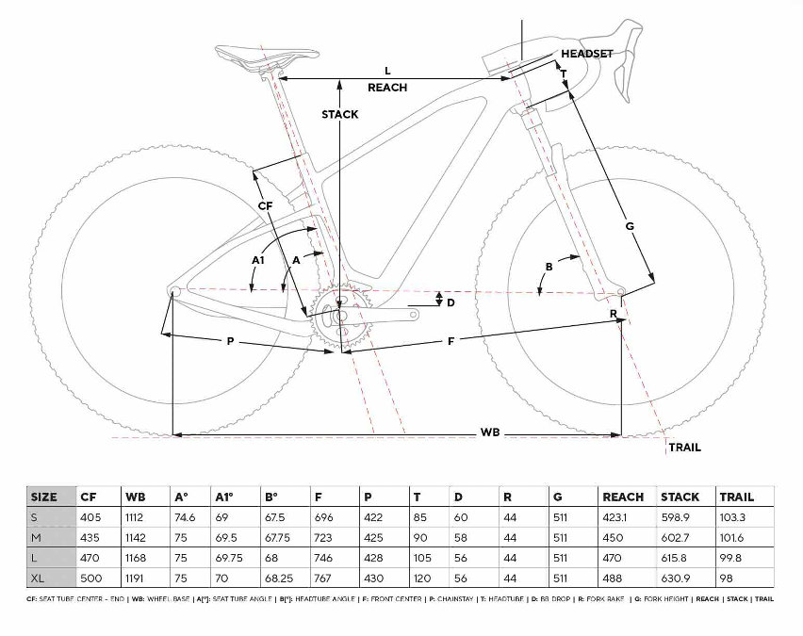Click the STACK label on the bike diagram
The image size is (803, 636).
coord(339,114)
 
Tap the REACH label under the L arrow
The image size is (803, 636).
coord(387,88)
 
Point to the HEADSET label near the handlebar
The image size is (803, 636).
coord(586,54)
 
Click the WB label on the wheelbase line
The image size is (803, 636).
coord(489,432)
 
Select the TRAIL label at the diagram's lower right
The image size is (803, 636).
coord(684,448)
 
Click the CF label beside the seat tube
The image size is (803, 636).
coord(265,204)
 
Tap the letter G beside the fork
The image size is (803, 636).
coord(630,225)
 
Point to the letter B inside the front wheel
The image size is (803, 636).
coord(549,266)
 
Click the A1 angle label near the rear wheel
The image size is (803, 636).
coord(257,258)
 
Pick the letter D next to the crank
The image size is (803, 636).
coord(451,302)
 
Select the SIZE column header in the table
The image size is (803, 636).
coord(44,497)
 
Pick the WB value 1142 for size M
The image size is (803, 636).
coord(138,536)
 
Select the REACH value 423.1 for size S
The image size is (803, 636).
coord(618,516)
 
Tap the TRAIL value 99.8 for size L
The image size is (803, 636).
coord(731,556)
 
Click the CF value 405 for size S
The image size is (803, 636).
coord(90,516)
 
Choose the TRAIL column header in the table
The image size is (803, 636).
coord(736,497)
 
